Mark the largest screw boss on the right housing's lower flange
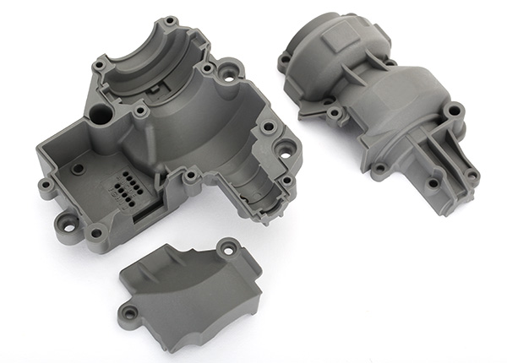[452, 110]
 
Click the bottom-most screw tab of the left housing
[95, 231]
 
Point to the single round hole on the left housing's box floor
[79, 169]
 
